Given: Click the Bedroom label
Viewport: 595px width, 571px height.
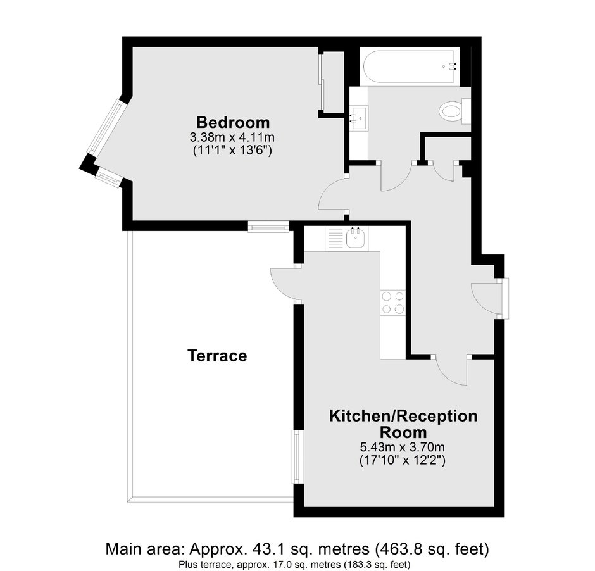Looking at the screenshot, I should tap(233, 122).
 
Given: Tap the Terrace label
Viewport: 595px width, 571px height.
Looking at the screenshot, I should tap(217, 356).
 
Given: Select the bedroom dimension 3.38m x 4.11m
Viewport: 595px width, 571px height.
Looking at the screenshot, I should tap(233, 137).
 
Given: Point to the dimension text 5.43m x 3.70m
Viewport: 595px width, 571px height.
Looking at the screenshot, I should tap(403, 448).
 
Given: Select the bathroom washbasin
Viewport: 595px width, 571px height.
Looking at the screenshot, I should tap(359, 117).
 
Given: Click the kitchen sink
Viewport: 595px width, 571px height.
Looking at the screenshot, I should tap(355, 239).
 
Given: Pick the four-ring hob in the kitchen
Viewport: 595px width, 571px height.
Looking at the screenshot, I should tap(393, 302).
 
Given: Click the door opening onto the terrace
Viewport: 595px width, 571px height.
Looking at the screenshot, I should tap(284, 284).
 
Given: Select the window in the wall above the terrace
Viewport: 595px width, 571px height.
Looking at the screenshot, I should tap(268, 226).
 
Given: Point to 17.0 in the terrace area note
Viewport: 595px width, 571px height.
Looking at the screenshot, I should tap(274, 562).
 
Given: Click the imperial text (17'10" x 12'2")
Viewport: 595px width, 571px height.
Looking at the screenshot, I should tap(403, 461).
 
